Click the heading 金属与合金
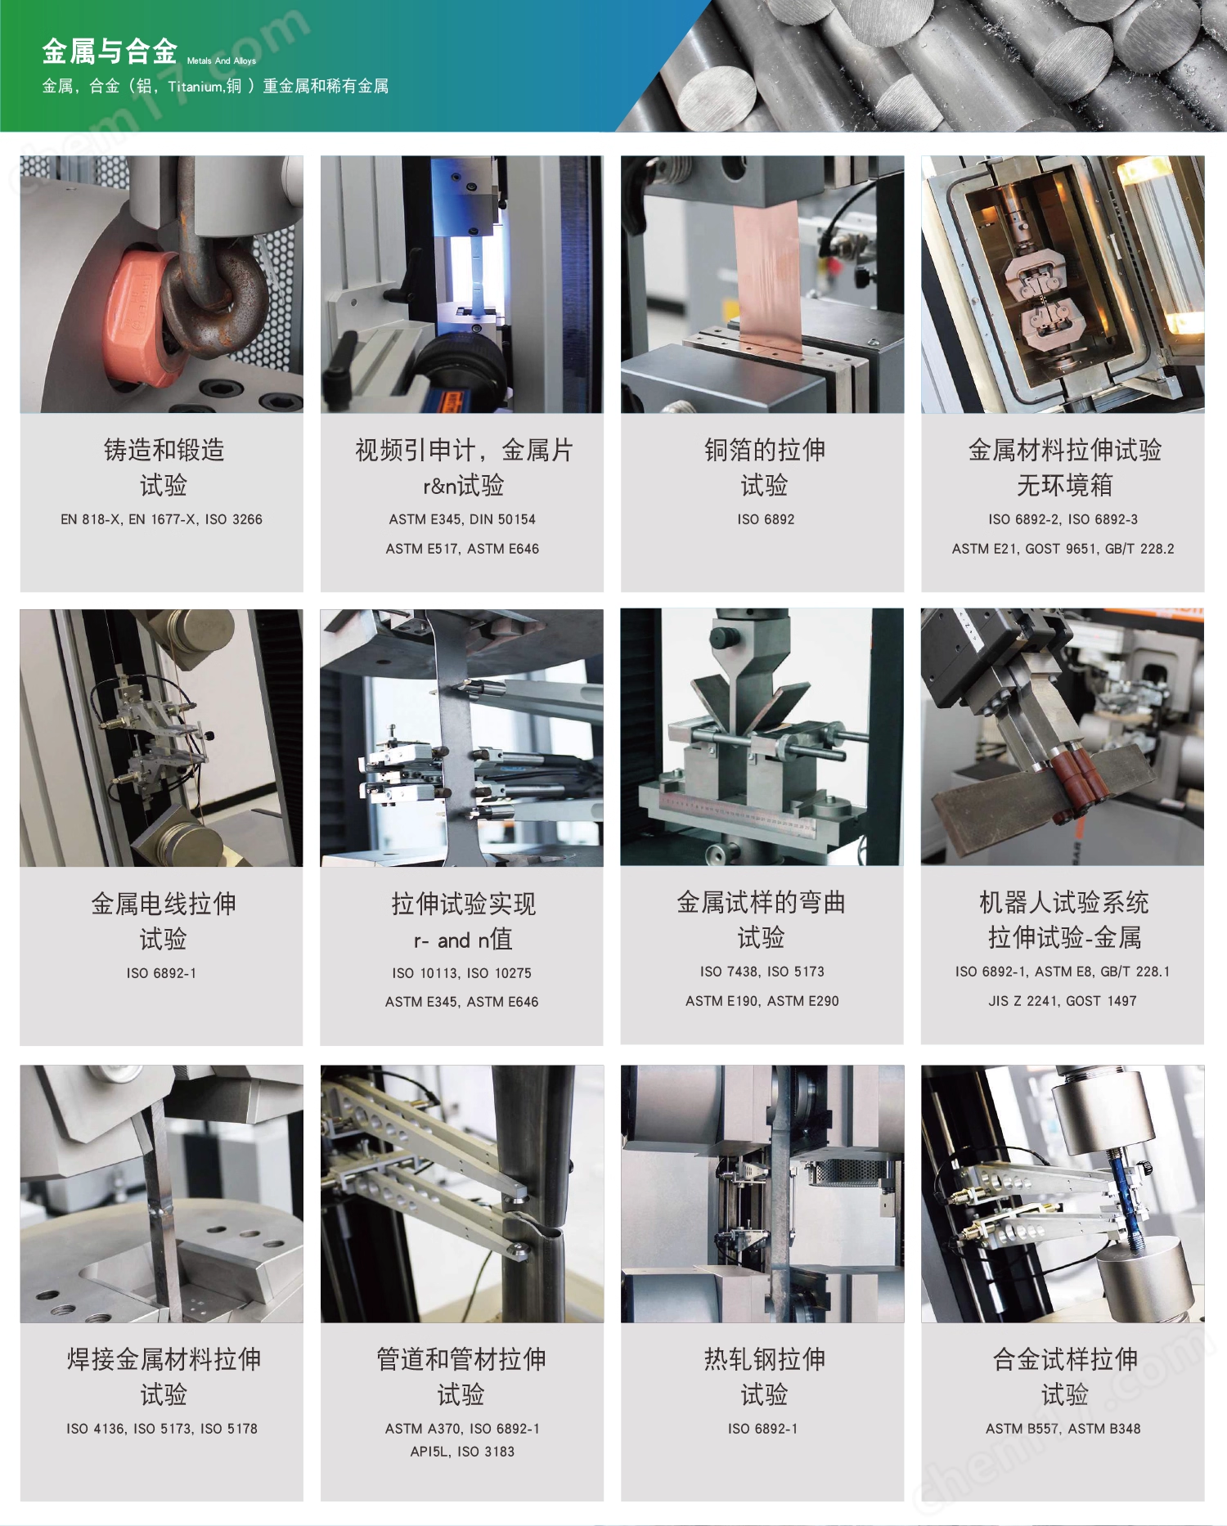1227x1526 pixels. (110, 52)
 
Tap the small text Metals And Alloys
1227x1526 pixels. (222, 61)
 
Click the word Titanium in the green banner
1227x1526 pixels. (196, 86)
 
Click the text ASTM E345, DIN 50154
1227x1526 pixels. (462, 519)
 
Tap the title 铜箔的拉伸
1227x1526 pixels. (765, 450)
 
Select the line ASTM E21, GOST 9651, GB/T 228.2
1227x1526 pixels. (1063, 549)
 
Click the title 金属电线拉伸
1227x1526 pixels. (164, 904)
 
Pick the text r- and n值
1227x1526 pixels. (463, 940)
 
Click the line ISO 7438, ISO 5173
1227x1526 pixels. (762, 972)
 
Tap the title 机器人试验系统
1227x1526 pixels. (1063, 902)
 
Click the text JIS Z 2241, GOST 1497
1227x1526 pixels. (1062, 1001)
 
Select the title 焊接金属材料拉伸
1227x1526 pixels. (164, 1359)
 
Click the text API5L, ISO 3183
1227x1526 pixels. (462, 1452)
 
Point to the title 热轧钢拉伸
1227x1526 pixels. (765, 1359)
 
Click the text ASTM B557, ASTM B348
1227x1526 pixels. (1063, 1429)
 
